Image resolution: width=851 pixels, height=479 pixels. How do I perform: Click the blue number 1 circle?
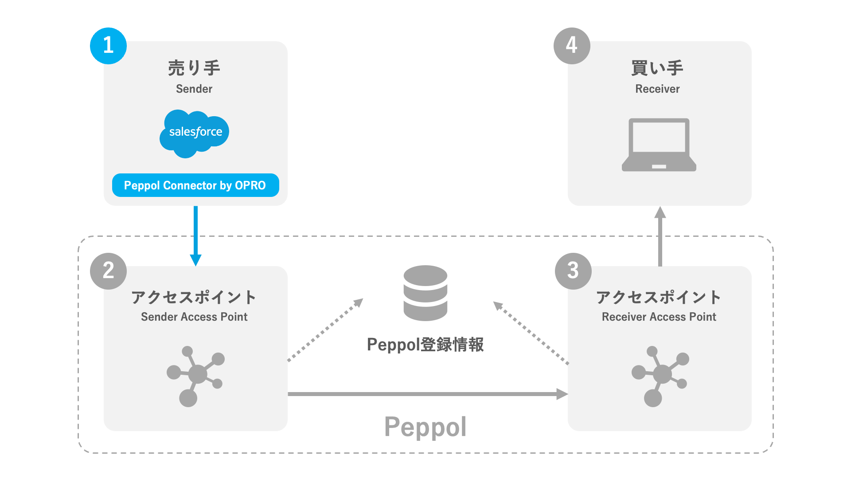pos(108,46)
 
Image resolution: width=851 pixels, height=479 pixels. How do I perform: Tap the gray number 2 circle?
pos(108,271)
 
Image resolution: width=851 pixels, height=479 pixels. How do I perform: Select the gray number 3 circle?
pos(573,271)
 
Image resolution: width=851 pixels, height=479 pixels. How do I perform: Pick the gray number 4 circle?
pos(572,46)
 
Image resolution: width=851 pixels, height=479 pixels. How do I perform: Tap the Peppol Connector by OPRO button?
pos(195,185)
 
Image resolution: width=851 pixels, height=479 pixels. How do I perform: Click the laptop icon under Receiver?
pos(659,145)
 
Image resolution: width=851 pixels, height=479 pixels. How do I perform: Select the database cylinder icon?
pos(425,293)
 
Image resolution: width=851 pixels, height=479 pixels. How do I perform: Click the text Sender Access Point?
pos(194,317)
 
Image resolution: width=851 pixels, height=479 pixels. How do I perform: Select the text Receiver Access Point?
pos(659,317)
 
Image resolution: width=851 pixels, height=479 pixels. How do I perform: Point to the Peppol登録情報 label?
pos(425,345)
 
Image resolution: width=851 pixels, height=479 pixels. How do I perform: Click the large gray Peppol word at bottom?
pos(425,427)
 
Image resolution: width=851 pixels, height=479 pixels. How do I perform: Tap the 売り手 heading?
pos(194,68)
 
